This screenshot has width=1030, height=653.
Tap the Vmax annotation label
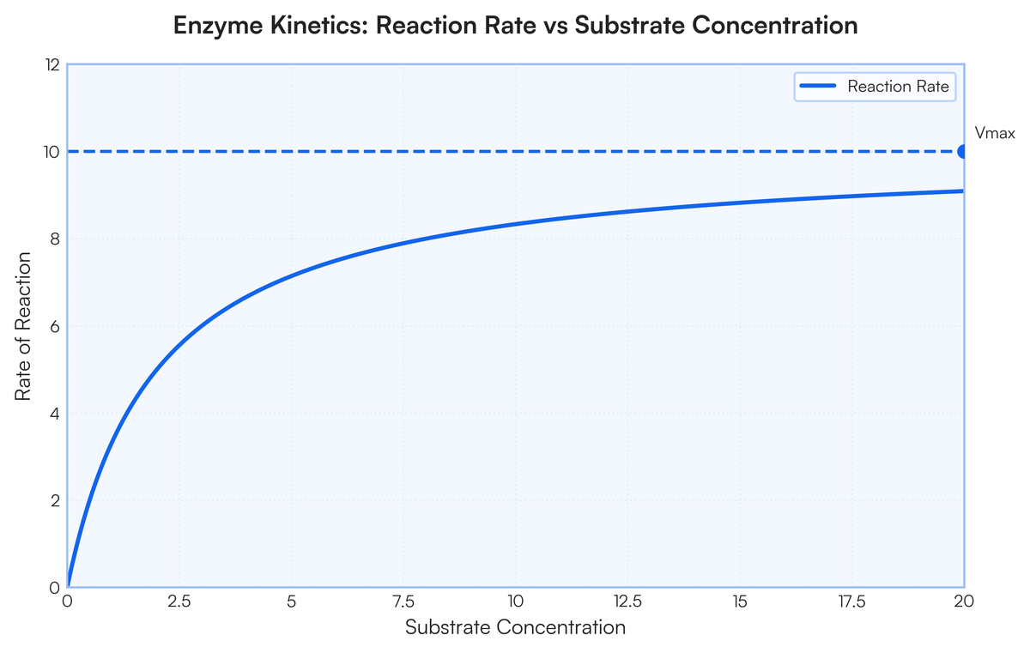point(995,133)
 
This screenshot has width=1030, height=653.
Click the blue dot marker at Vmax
point(963,151)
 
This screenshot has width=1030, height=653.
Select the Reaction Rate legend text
point(897,86)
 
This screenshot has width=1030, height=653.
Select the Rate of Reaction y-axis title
point(24,326)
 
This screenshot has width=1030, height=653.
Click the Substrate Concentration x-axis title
point(515,627)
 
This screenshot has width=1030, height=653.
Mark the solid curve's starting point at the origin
point(68,586)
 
